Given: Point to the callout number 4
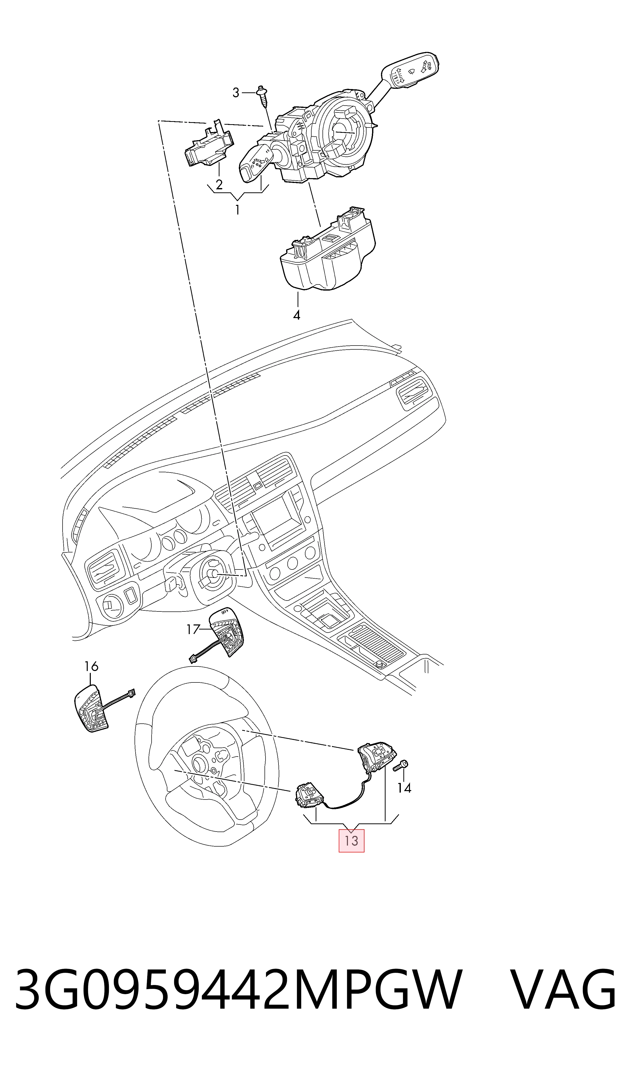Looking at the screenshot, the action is point(297,315).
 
